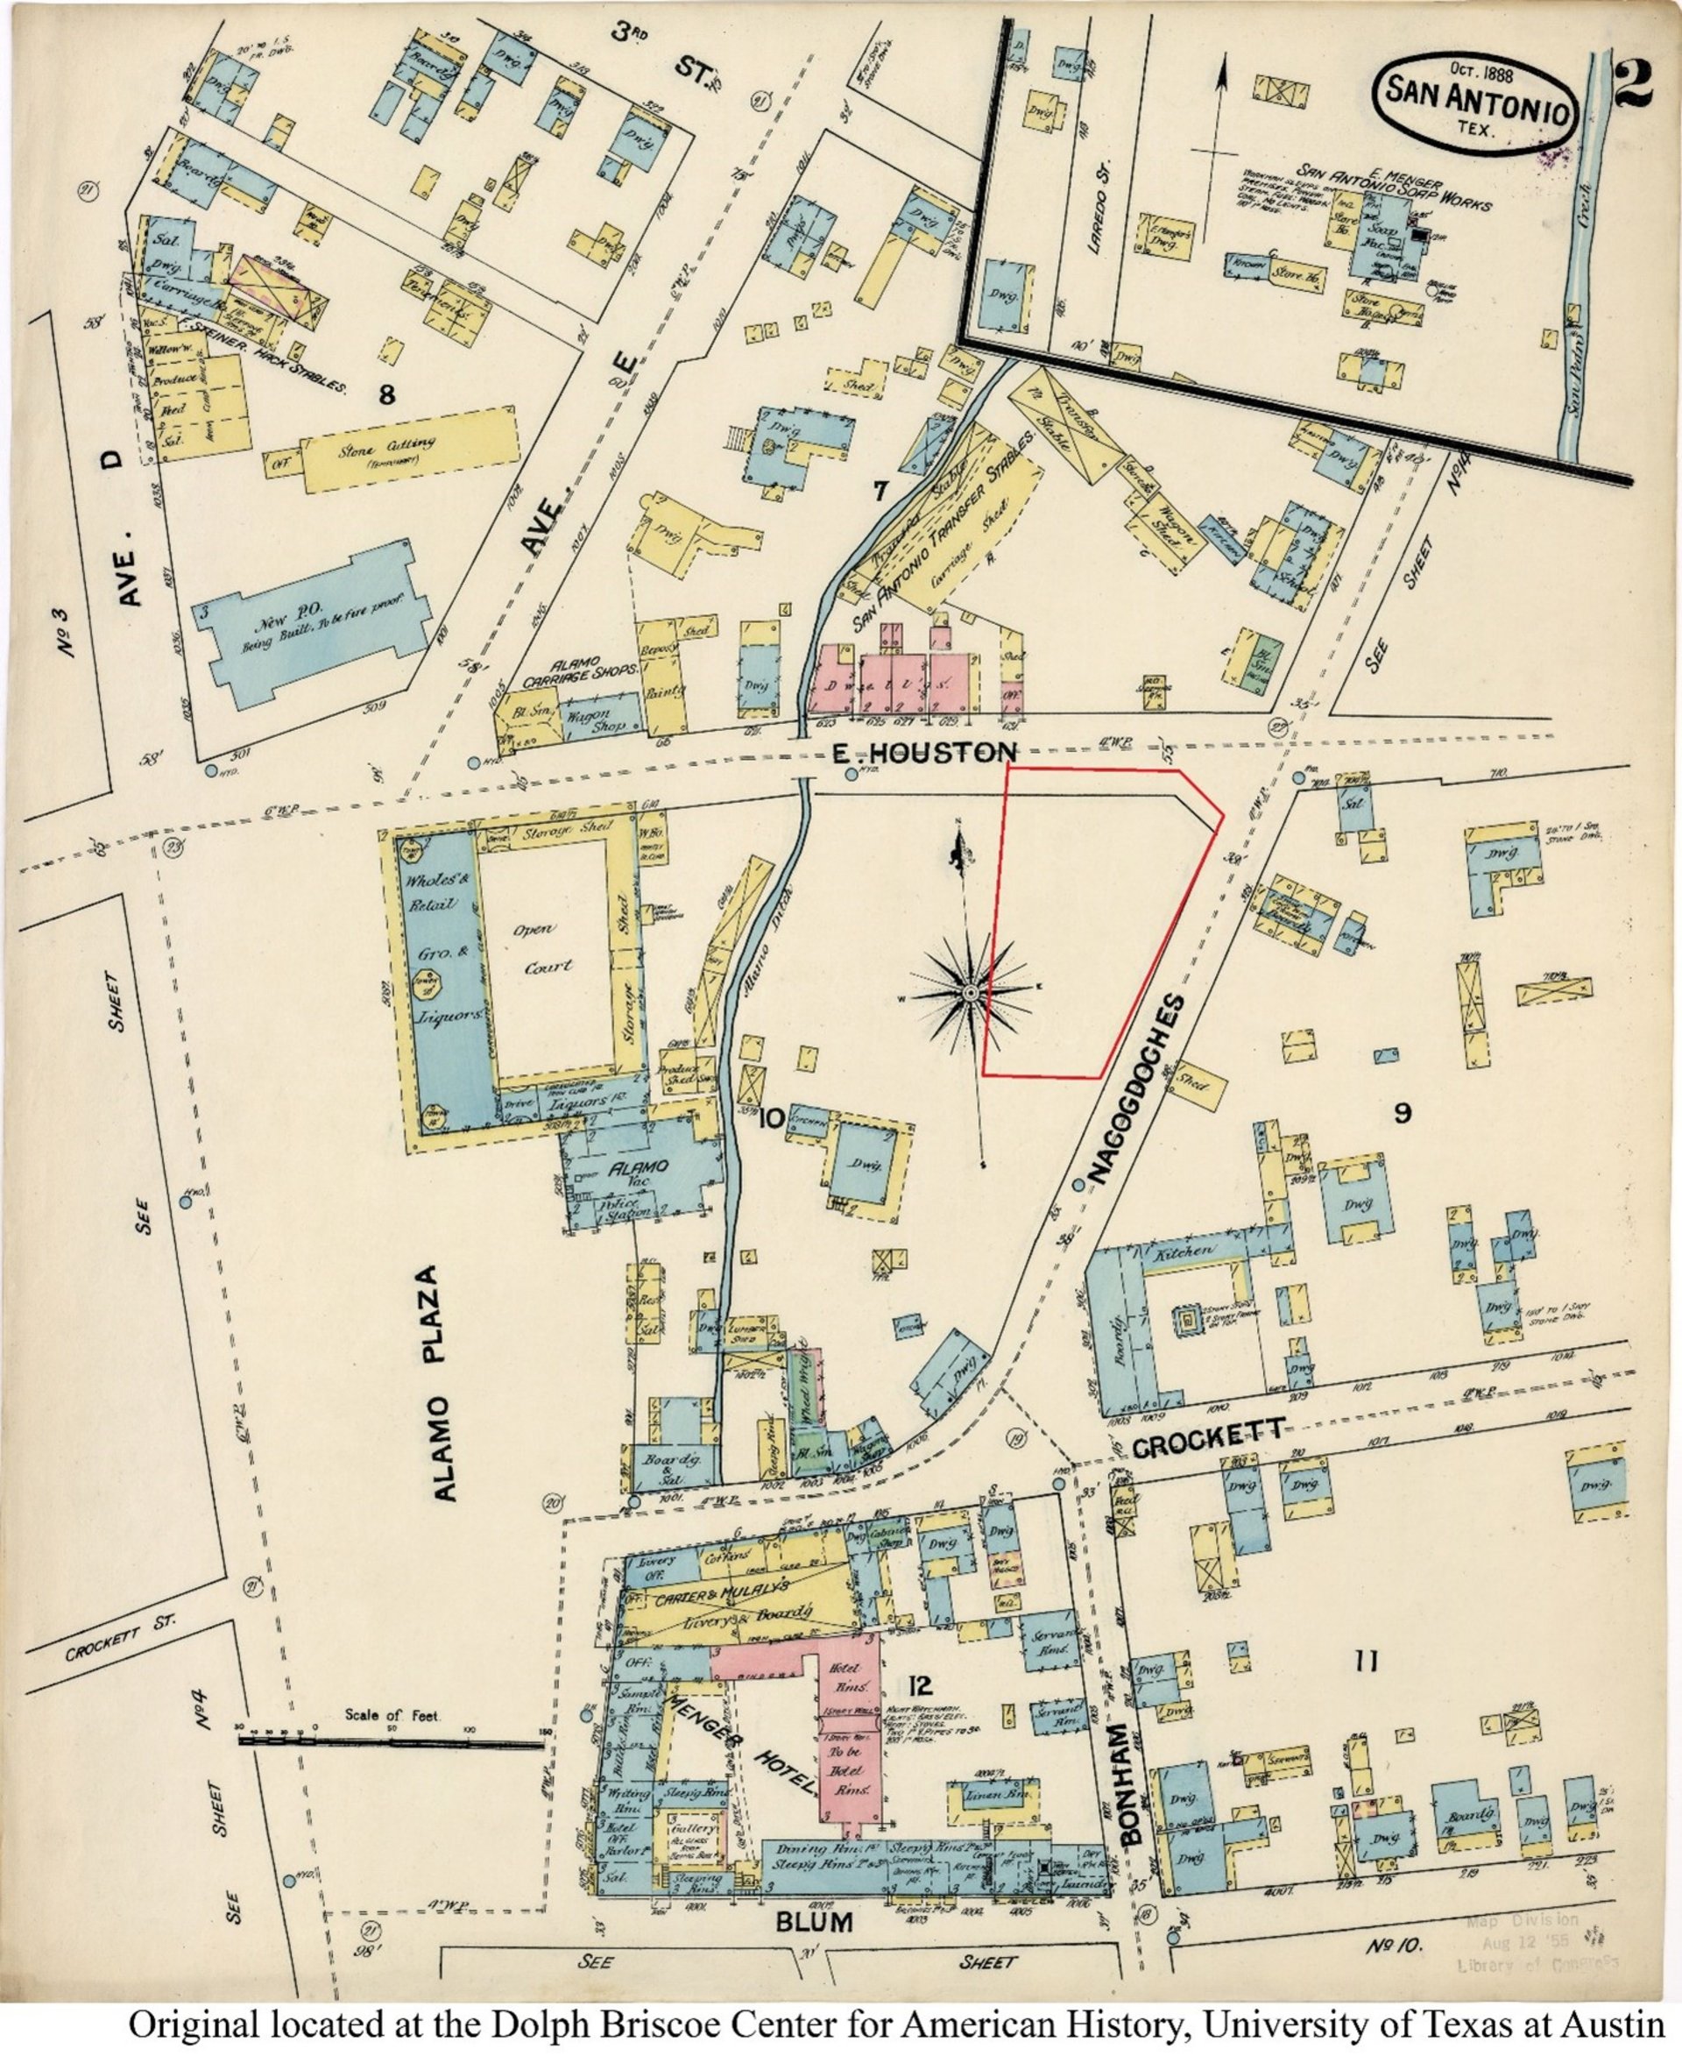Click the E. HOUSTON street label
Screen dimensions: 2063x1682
pos(924,751)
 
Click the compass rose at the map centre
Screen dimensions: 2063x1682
pos(970,994)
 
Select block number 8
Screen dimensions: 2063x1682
pos(387,394)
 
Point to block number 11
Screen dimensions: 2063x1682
pos(1365,1662)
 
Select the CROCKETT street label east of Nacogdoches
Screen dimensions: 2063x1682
pos(1208,1445)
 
